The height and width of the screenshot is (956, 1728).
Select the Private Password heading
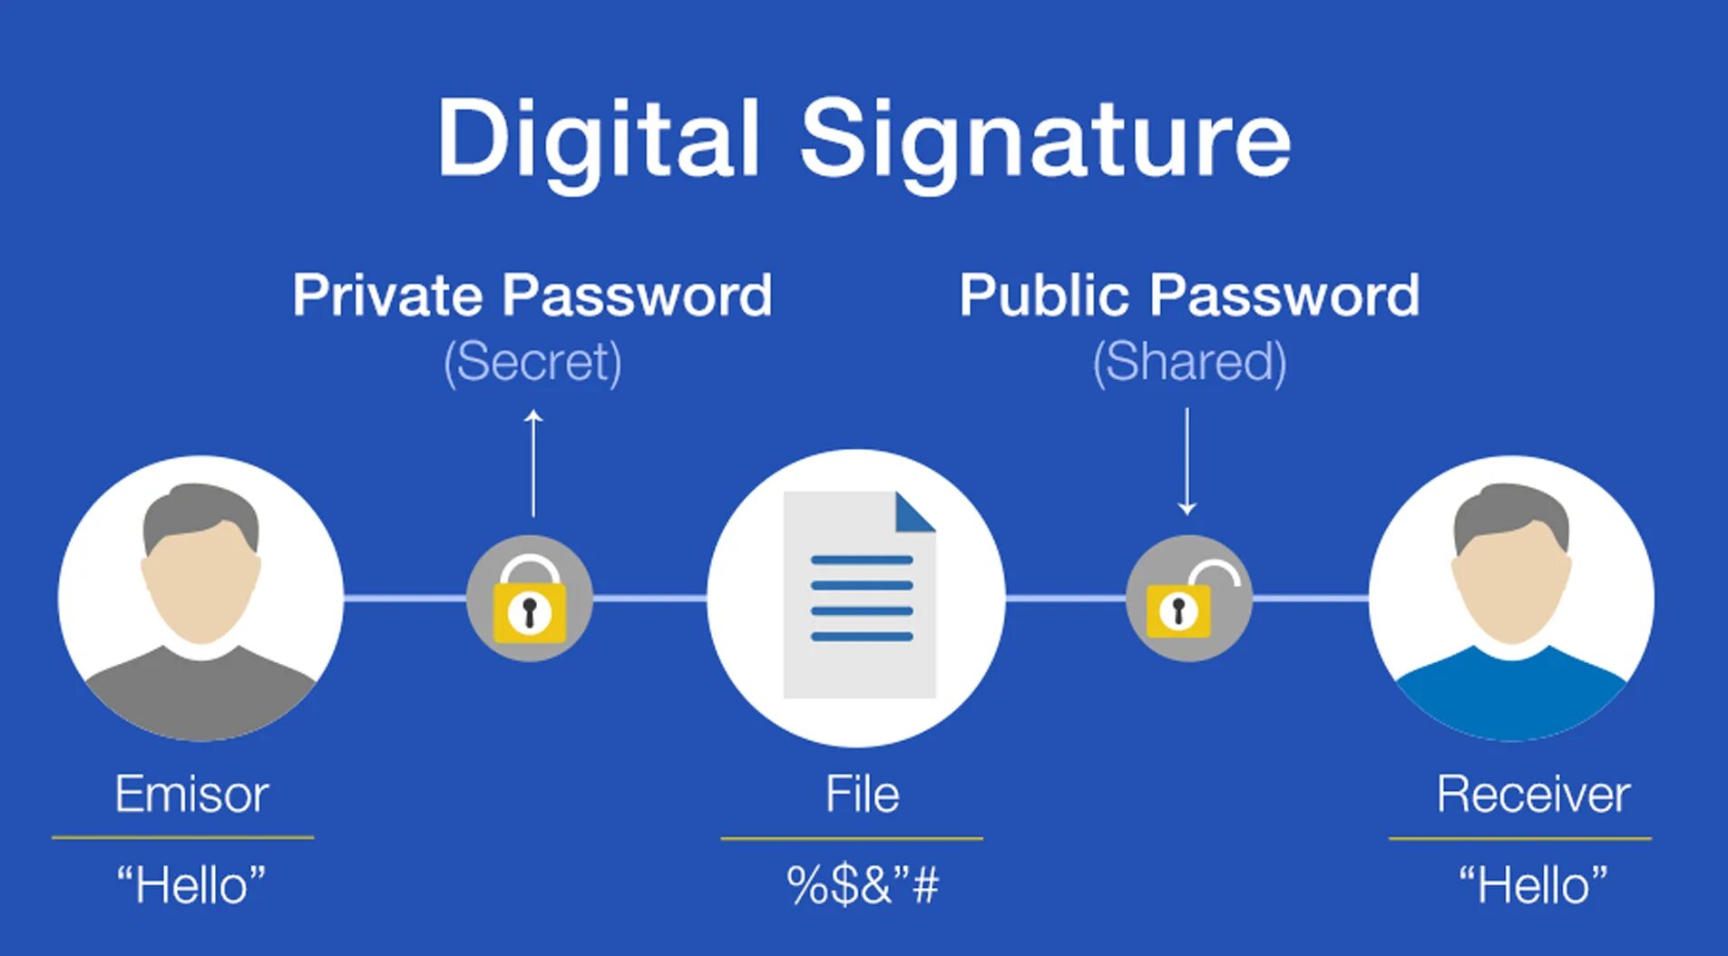tap(532, 295)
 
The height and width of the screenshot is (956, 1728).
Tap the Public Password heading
tap(1189, 295)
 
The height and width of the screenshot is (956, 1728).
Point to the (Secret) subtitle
tap(532, 361)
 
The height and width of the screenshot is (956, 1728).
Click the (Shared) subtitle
tap(1189, 361)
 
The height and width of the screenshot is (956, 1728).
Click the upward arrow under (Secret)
tap(533, 463)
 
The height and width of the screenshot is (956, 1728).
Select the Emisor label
tap(191, 794)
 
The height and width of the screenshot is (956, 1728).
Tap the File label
tap(862, 794)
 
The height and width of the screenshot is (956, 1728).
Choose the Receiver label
tap(1533, 794)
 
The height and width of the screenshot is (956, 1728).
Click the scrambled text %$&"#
tap(862, 884)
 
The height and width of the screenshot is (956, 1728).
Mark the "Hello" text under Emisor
tap(191, 884)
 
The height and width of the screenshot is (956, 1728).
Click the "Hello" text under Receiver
tap(1533, 884)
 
